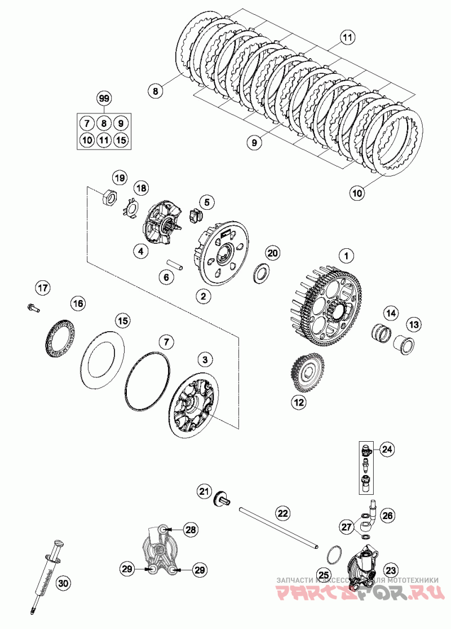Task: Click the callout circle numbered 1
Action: [347, 256]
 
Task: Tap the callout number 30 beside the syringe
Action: [63, 583]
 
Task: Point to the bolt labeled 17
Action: [32, 307]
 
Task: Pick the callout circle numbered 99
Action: [103, 98]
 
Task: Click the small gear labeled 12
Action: [304, 374]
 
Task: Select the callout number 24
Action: [387, 449]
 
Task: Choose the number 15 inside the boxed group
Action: [120, 139]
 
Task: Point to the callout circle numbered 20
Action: [273, 253]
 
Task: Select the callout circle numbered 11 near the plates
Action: [348, 38]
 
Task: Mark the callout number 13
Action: [414, 324]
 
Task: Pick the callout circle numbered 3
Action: [205, 359]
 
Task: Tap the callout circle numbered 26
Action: [387, 514]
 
